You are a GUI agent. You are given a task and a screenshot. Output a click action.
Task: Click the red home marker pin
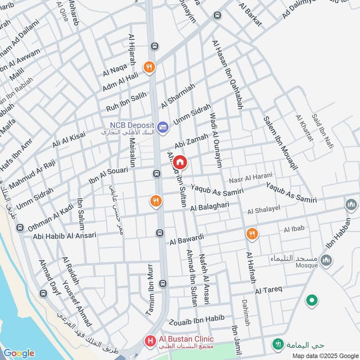click(x=180, y=162)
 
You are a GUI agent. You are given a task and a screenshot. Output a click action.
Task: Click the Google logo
click(x=18, y=353)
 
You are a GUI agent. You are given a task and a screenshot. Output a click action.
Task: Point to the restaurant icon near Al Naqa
click(x=149, y=67)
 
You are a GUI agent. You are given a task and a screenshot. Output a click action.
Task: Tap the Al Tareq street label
click(x=268, y=290)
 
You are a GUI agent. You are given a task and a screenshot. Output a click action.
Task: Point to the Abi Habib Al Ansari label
click(x=64, y=235)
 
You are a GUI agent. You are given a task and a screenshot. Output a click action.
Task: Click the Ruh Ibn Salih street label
click(x=126, y=102)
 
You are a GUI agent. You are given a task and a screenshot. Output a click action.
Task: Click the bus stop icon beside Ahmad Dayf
click(x=44, y=294)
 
